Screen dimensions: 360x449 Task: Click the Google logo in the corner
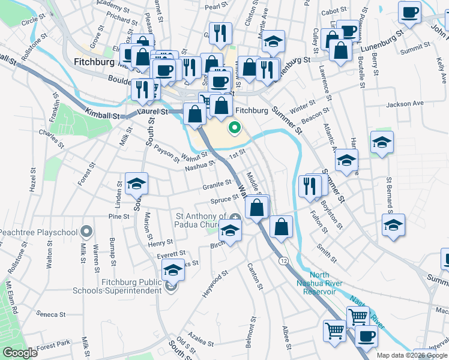(19, 353)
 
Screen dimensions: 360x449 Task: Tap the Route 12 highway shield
(283, 260)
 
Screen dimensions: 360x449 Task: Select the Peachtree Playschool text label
(38, 232)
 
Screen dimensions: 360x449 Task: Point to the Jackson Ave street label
(405, 104)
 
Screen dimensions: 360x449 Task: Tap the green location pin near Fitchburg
(234, 128)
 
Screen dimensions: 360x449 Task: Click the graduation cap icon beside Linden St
(136, 183)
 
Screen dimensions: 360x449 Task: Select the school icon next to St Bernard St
(393, 226)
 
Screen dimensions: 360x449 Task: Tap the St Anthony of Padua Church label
(200, 220)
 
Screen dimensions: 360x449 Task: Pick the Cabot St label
(335, 11)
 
